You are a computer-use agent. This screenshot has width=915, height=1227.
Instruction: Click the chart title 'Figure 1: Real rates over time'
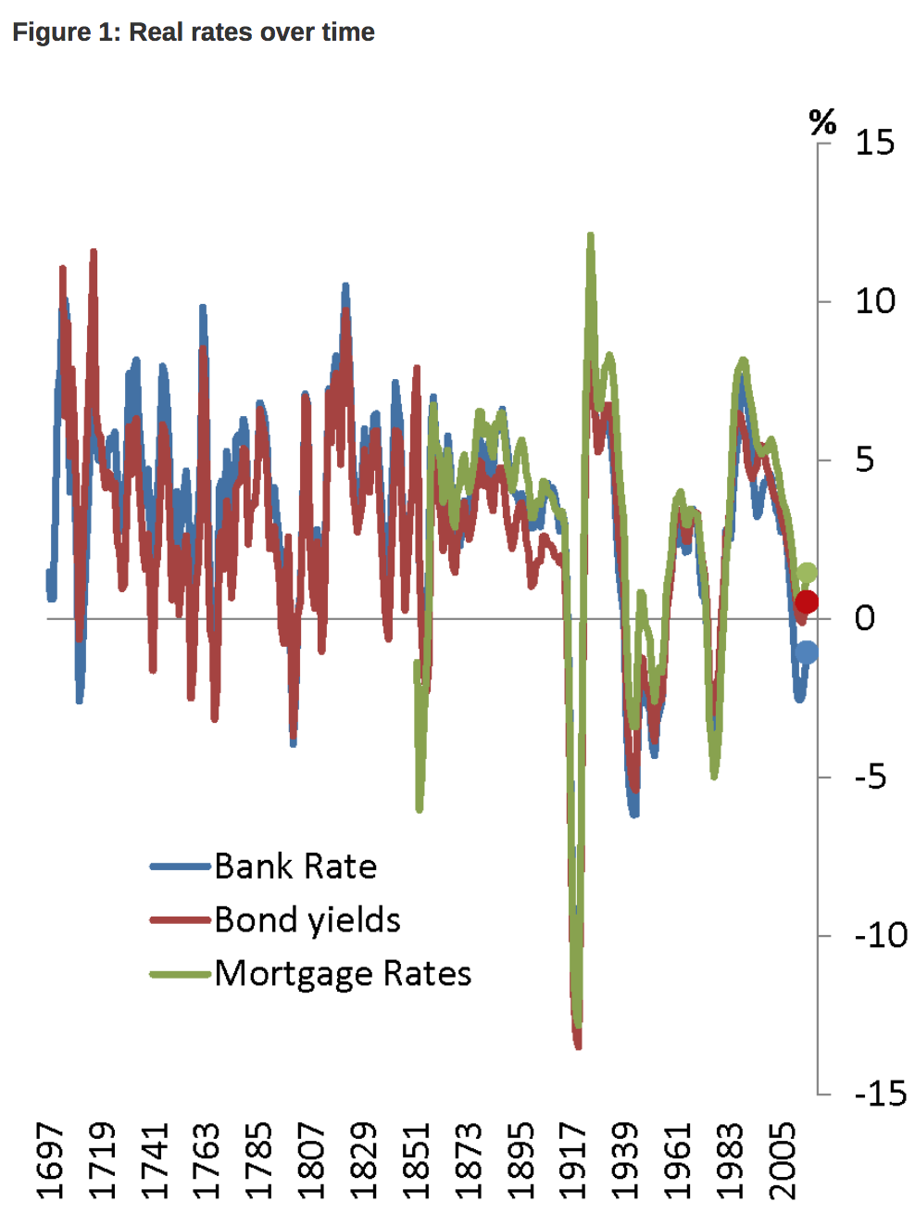point(193,32)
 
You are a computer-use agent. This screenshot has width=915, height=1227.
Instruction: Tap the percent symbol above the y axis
point(821,121)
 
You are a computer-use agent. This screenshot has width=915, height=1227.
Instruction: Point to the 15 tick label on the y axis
point(874,143)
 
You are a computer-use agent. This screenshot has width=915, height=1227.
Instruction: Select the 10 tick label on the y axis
point(874,301)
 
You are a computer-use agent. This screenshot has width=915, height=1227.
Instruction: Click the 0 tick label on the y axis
point(864,618)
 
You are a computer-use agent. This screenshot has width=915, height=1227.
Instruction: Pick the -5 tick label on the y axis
point(870,777)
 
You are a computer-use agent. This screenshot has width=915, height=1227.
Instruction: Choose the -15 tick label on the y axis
point(880,1094)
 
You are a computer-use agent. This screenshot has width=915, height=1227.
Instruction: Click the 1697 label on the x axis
point(50,1160)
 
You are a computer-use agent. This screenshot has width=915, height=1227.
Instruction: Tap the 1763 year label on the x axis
point(206,1160)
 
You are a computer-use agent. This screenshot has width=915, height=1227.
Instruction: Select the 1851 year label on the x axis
point(416,1160)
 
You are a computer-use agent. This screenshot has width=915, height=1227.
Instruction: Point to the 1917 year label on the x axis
point(573,1160)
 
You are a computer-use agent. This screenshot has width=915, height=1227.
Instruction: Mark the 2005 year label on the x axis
point(783,1160)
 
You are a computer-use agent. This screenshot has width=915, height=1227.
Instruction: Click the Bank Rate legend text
point(295,866)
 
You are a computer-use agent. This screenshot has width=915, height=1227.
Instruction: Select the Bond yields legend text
point(307,920)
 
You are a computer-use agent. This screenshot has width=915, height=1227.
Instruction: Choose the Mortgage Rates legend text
point(343,974)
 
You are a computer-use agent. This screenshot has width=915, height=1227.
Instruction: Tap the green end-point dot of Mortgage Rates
point(807,574)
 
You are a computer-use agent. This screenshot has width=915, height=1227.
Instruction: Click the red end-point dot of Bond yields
point(807,602)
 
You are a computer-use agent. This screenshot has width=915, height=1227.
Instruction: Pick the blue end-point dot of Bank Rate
point(807,652)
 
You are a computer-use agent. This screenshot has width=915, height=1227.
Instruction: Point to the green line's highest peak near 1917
point(590,237)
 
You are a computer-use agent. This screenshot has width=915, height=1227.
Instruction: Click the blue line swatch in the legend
point(181,866)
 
